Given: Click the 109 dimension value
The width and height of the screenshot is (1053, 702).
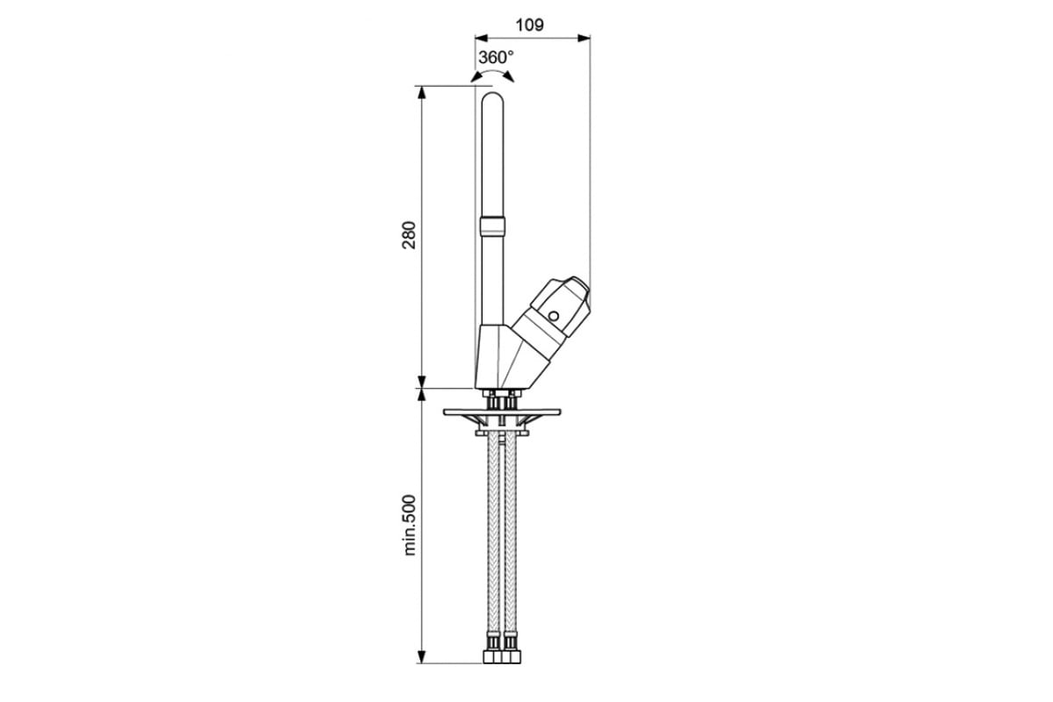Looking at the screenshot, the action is [529, 25].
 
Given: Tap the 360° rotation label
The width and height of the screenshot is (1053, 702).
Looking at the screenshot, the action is [496, 57].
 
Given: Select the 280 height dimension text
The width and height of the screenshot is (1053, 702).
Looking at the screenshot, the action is [409, 234].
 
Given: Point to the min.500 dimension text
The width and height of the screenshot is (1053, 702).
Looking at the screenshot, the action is [410, 526].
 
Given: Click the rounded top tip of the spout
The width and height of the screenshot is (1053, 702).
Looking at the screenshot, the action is [492, 93].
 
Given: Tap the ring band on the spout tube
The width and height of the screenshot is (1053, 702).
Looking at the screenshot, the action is [492, 226].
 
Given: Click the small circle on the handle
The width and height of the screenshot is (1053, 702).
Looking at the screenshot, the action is [555, 316].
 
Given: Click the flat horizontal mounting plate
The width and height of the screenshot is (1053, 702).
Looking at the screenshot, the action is [502, 412].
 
